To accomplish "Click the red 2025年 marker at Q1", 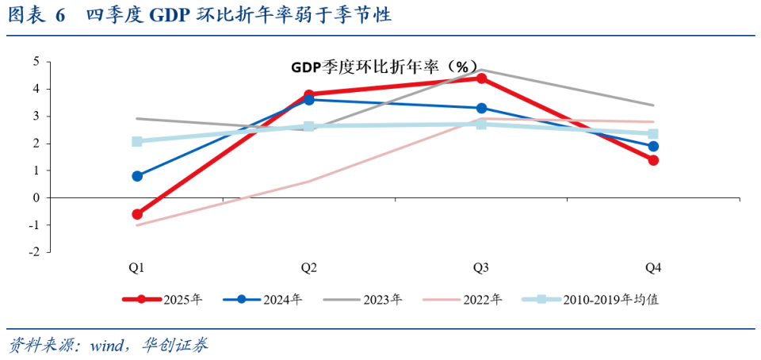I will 137,214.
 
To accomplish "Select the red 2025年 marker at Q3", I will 481,78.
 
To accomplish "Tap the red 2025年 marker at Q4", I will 653,160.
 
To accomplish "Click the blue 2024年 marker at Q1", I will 137,176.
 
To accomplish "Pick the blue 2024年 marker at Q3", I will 481,108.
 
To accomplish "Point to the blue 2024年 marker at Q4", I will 653,146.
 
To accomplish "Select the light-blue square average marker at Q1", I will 137,141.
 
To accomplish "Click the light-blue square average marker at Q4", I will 653,134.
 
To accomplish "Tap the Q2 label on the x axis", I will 309,268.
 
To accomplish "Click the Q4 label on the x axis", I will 653,268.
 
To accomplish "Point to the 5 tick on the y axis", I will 36,62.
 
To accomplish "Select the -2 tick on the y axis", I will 34,252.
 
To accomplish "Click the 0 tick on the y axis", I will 36,197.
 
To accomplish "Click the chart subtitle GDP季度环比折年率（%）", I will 384,67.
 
